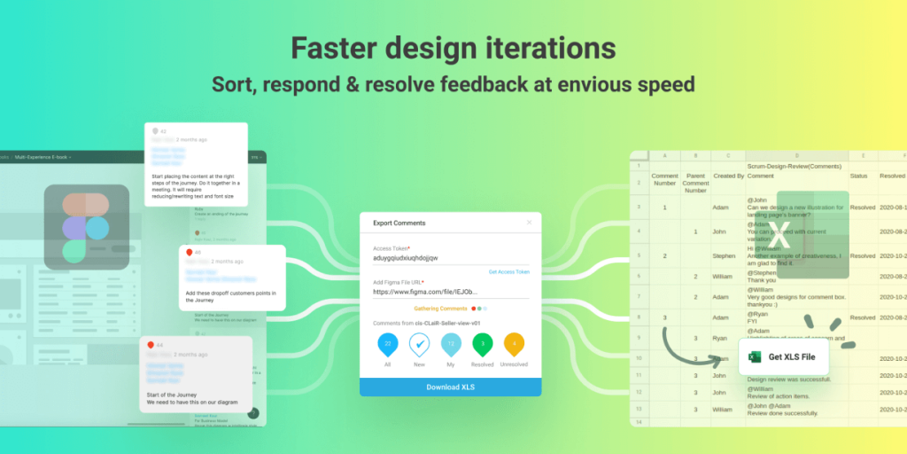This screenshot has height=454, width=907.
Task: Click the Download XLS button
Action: (x=450, y=387)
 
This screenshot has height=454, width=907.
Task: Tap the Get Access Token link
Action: (x=508, y=271)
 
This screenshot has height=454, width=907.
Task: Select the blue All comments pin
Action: (x=388, y=344)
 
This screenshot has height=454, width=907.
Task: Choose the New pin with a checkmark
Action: (x=419, y=344)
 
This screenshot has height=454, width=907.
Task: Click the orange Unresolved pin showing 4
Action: (x=515, y=344)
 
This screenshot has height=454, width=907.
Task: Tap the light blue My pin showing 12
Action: (x=451, y=344)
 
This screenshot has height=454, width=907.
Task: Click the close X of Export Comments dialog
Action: (x=530, y=223)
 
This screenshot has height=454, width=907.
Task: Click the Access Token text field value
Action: (x=406, y=258)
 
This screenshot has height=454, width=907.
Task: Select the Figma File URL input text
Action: (x=425, y=291)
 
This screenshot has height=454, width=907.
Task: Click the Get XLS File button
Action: (x=784, y=356)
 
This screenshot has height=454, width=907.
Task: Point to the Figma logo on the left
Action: (x=86, y=227)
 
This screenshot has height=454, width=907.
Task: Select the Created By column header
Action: (x=729, y=176)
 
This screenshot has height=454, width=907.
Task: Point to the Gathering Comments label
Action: (x=439, y=309)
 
